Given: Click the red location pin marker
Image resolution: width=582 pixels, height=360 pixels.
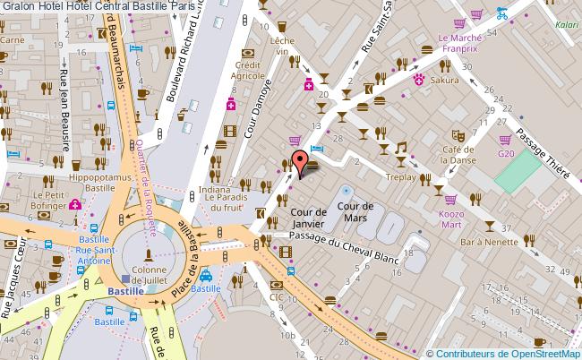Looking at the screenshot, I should pos(301,162).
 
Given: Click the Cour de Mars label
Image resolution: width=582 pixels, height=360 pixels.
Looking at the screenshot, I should pos(355,212).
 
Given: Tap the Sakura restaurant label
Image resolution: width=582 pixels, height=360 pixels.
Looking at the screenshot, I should pos(443,79).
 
